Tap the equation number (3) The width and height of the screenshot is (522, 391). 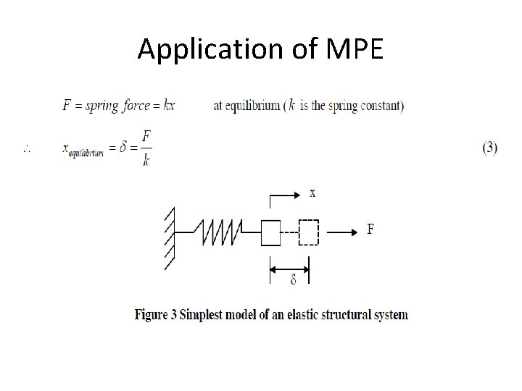pos(489,148)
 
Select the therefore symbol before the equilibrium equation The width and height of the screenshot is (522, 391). pos(27,149)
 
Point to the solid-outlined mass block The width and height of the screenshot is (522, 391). pos(270,232)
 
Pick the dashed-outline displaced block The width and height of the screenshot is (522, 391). pos(309,232)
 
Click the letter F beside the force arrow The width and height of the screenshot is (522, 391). pos(370,230)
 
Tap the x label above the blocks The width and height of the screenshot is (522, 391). pos(312,193)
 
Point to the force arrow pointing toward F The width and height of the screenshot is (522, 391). pos(341,232)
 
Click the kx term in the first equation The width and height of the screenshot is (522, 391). pos(170,106)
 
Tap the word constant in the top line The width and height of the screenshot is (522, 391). pos(380,106)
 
